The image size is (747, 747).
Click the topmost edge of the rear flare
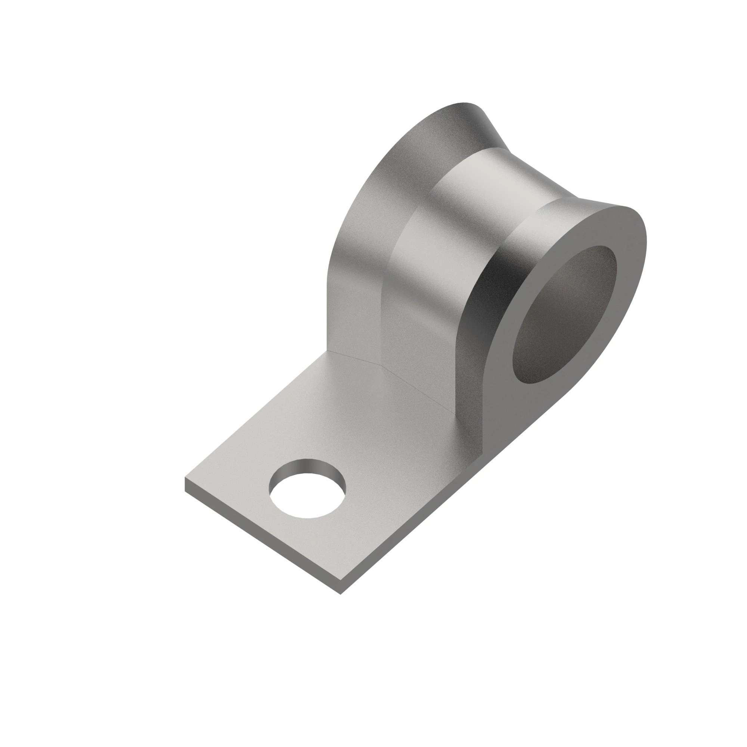click(464, 103)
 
